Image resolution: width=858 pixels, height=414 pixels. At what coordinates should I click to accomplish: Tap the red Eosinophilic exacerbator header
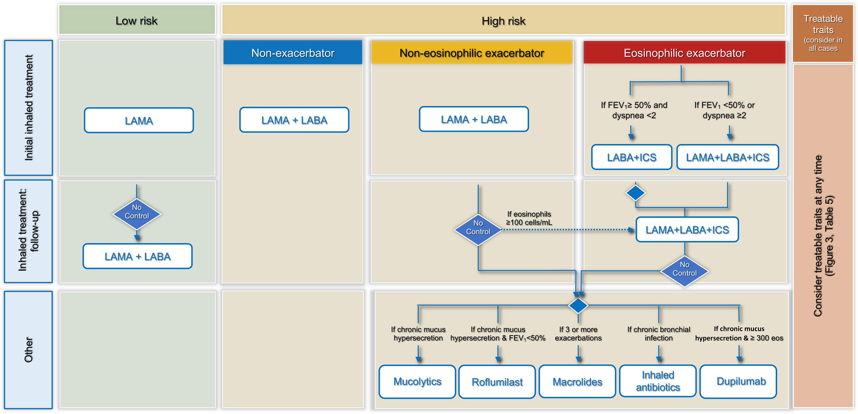point(684,53)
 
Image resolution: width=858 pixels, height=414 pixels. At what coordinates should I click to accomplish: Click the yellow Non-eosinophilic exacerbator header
point(472,53)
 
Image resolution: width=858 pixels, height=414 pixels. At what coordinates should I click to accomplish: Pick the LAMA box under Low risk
point(139,120)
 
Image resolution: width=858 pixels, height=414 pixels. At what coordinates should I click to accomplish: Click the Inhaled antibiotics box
point(658,381)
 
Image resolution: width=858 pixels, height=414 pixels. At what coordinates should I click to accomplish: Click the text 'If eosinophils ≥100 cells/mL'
point(529,218)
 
